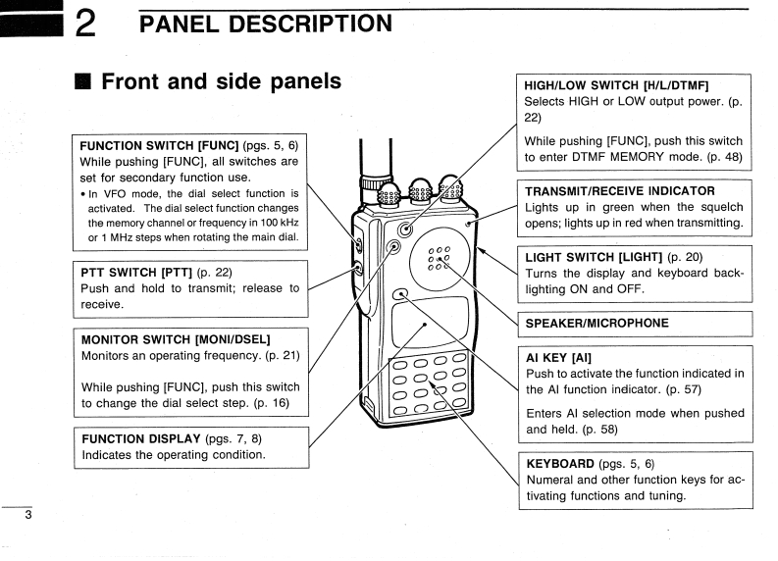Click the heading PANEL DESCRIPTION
pos(264,21)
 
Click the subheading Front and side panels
pos(221,81)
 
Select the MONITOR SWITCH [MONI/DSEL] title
pos(175,338)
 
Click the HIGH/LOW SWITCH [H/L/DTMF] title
pos(616,84)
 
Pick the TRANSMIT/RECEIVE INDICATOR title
pos(619,190)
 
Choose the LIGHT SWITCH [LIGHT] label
pos(595,256)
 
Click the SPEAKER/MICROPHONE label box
pos(596,323)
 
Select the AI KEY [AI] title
pos(558,356)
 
